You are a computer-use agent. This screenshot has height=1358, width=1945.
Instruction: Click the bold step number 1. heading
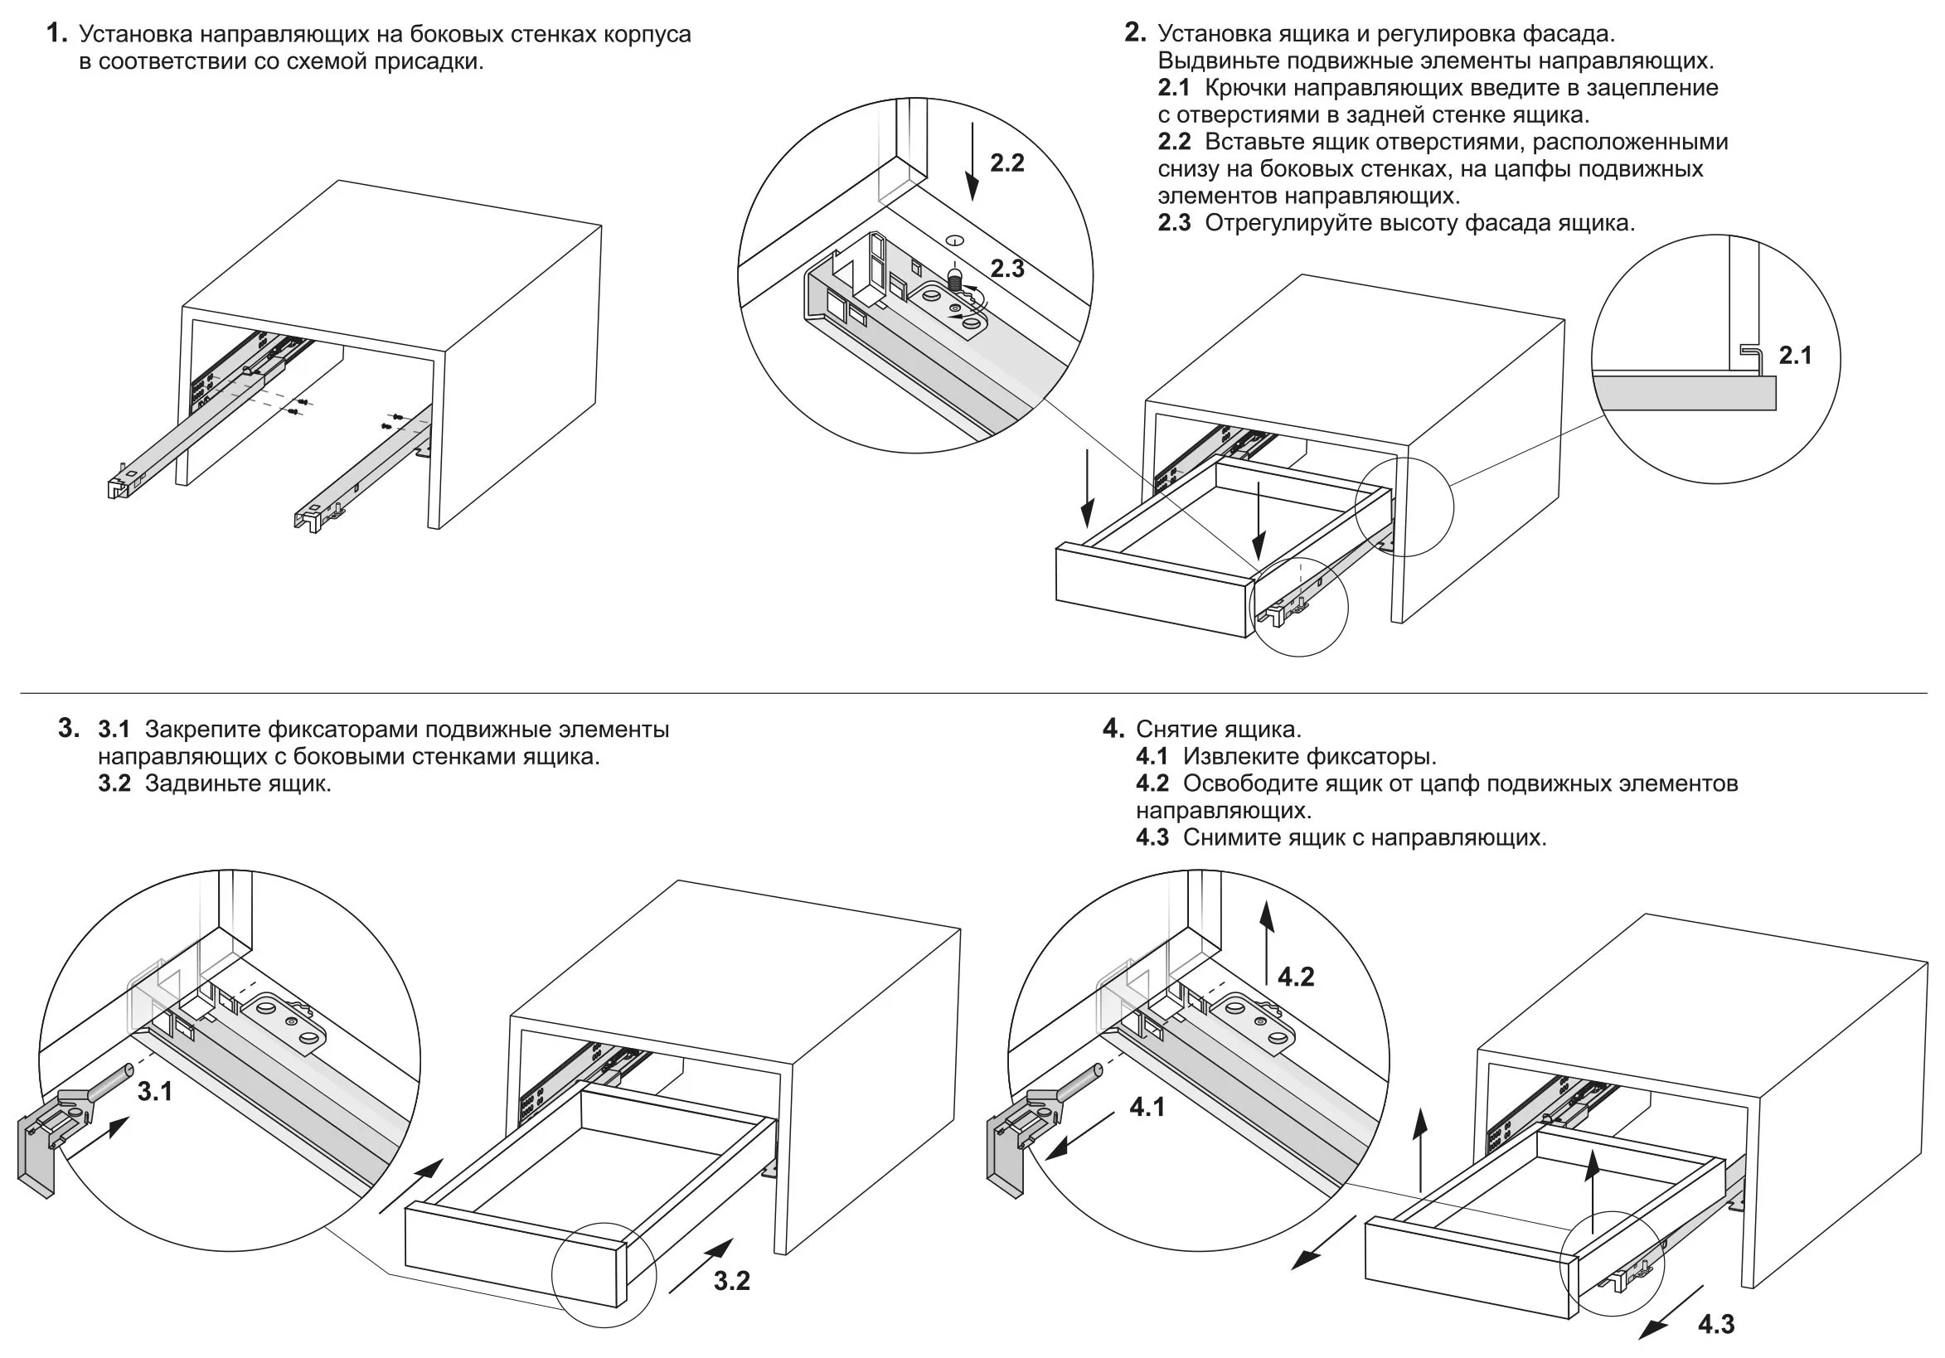tap(56, 34)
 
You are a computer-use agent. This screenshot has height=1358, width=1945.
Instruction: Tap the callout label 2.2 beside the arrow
tap(1006, 162)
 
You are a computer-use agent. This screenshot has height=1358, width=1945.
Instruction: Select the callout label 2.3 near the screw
tap(1007, 269)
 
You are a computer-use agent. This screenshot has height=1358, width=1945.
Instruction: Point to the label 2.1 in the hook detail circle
tap(1795, 355)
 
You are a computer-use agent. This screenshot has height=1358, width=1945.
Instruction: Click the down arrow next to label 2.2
tap(973, 161)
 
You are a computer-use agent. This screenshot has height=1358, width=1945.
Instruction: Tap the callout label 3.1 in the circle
tap(155, 1092)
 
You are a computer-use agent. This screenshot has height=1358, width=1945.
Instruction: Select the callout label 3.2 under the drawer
tap(731, 1281)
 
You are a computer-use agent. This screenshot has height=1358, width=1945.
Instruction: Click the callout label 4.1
tap(1147, 1107)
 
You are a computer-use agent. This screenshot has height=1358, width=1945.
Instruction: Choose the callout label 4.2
tap(1295, 977)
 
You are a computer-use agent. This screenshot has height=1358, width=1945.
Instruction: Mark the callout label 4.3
tap(1715, 1324)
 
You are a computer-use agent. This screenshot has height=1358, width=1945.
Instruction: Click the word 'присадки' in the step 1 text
tap(435, 61)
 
